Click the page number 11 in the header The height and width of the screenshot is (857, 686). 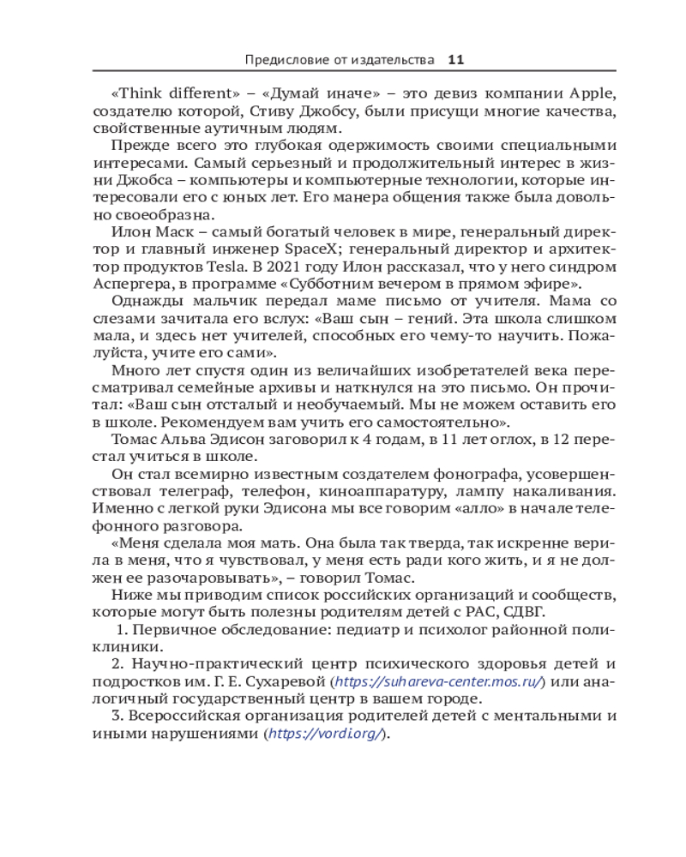click(455, 60)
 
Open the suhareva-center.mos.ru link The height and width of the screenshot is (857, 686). click(437, 681)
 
